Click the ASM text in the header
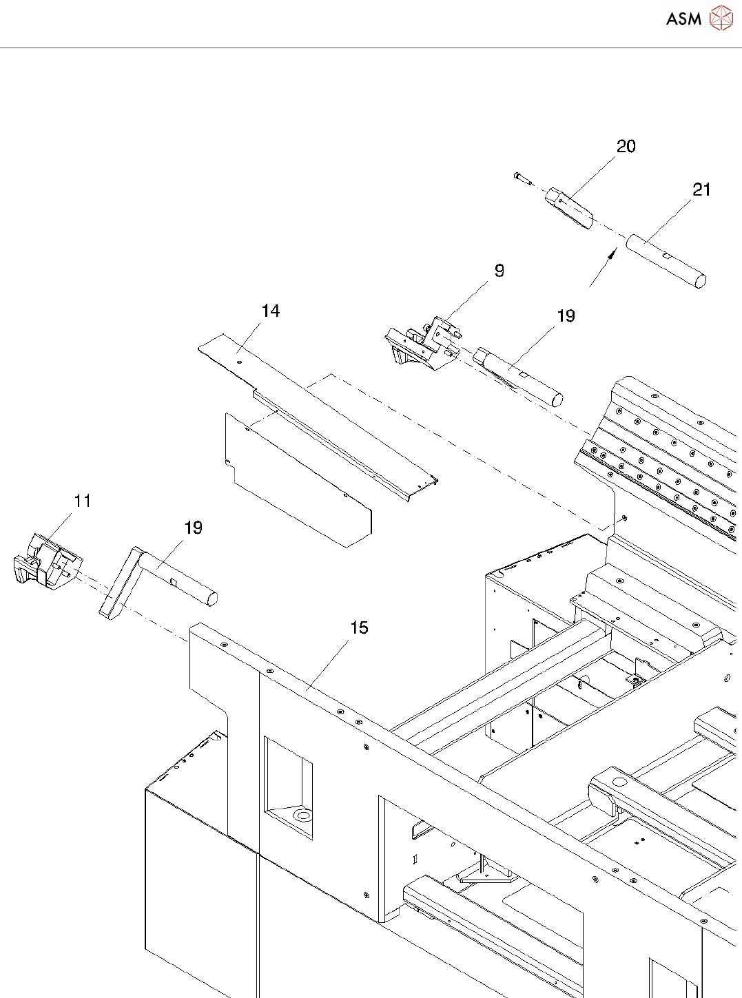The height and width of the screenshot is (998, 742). tap(683, 19)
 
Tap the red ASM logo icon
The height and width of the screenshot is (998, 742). tap(721, 18)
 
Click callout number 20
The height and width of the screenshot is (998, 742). tap(626, 147)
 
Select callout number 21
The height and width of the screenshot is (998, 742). tap(701, 190)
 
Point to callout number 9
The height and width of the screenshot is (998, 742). tap(499, 271)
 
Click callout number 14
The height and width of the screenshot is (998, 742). tap(271, 311)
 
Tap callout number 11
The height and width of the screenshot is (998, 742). tap(83, 501)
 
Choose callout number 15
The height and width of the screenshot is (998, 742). tap(359, 628)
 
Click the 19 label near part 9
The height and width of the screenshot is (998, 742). tap(566, 316)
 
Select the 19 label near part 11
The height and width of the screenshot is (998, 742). tap(193, 528)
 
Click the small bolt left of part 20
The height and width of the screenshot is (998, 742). tap(522, 178)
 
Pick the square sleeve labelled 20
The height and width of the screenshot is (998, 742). tap(569, 209)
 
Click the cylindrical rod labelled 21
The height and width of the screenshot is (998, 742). tap(666, 261)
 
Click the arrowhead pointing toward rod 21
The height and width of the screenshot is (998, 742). tap(610, 256)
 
